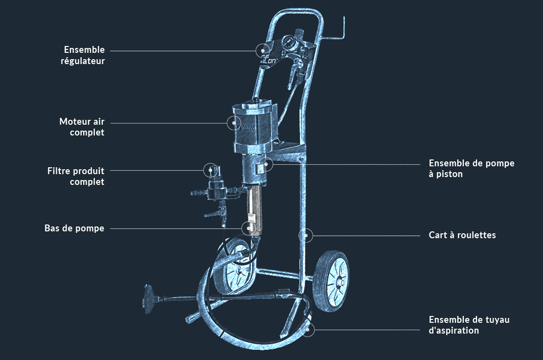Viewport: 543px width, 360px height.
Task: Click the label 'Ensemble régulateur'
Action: pyautogui.click(x=83, y=55)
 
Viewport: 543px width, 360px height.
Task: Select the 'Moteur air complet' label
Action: pyautogui.click(x=82, y=127)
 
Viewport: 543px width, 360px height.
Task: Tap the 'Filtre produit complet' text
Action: pyautogui.click(x=76, y=176)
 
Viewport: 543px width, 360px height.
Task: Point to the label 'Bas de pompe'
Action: pyautogui.click(x=74, y=228)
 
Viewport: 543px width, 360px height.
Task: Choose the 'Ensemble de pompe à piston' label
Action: pyautogui.click(x=471, y=168)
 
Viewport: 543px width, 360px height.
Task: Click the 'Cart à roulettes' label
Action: pyautogui.click(x=462, y=235)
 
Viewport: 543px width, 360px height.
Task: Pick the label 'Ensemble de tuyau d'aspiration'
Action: pyautogui.click(x=469, y=325)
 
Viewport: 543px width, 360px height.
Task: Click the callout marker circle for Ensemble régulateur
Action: pyautogui.click(x=263, y=50)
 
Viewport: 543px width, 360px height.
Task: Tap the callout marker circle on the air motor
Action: pyautogui.click(x=234, y=123)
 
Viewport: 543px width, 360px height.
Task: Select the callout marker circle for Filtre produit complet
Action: pyautogui.click(x=210, y=170)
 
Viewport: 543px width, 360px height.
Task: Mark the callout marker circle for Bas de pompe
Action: pyautogui.click(x=249, y=228)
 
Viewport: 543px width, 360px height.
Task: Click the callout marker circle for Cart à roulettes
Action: pyautogui.click(x=306, y=235)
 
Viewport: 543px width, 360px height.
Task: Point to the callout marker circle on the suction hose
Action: pyautogui.click(x=307, y=330)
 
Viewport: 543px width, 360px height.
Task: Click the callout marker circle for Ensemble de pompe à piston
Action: pyautogui.click(x=266, y=164)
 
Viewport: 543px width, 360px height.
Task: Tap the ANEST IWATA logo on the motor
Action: pyautogui.click(x=248, y=127)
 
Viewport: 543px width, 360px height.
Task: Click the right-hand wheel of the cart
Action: pyautogui.click(x=331, y=281)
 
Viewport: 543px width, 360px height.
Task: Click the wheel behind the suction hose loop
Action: pyautogui.click(x=234, y=266)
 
